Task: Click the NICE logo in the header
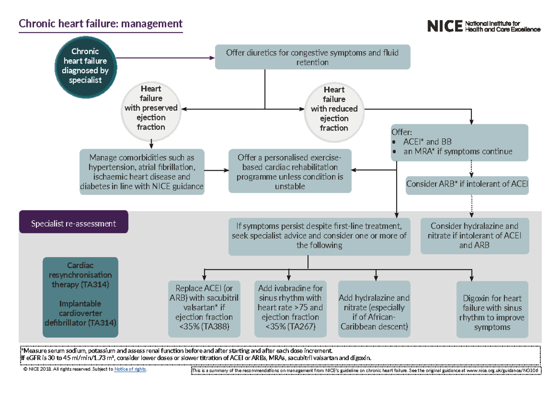click(483, 26)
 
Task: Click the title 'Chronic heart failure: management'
click(100, 24)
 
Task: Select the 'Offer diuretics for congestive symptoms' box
click(312, 57)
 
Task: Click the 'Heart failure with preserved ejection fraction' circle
click(151, 108)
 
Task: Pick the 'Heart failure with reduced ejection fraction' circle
click(334, 109)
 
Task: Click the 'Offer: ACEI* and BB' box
click(459, 142)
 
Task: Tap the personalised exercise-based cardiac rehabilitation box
click(290, 171)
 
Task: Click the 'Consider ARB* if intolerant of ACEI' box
click(467, 184)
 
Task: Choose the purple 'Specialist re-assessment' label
click(73, 224)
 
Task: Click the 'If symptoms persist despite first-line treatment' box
click(319, 236)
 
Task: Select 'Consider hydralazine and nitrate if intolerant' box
click(474, 235)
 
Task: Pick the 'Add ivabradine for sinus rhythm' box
click(290, 308)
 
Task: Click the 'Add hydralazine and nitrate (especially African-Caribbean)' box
click(374, 308)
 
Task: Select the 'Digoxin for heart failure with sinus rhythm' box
click(493, 309)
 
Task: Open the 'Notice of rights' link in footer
click(131, 369)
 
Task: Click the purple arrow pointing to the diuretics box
click(163, 58)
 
